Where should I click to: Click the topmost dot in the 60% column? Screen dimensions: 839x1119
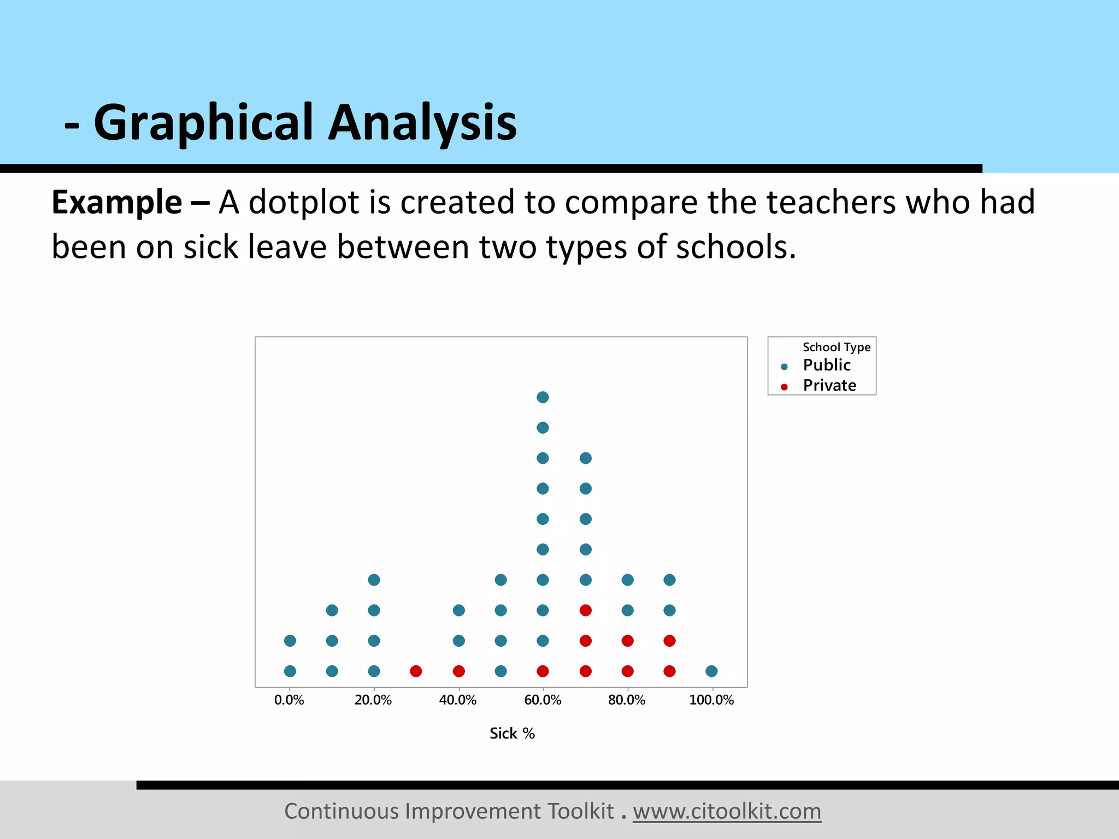click(x=543, y=397)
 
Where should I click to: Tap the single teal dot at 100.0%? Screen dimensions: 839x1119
click(x=711, y=671)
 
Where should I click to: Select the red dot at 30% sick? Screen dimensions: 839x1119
click(x=416, y=671)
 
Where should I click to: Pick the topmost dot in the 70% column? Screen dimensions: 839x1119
click(x=585, y=458)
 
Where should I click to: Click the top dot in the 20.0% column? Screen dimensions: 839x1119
click(x=374, y=580)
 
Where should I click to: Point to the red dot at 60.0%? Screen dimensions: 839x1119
click(x=543, y=671)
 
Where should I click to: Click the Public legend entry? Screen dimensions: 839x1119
click(x=826, y=365)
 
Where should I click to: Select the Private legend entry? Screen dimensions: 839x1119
click(x=829, y=386)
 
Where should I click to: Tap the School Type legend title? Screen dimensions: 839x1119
click(x=836, y=347)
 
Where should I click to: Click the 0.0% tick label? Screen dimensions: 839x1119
click(x=289, y=700)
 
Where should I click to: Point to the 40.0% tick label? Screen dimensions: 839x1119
click(x=458, y=700)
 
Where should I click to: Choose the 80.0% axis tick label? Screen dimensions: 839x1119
click(x=627, y=700)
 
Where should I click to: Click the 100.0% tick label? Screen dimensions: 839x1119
click(x=711, y=700)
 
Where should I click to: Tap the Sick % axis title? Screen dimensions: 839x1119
click(x=512, y=734)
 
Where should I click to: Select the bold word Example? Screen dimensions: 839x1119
click(x=116, y=203)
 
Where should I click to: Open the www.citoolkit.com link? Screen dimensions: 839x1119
click(x=727, y=811)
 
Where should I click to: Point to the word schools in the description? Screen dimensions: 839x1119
click(x=735, y=247)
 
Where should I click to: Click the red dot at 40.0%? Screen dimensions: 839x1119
click(x=458, y=671)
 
